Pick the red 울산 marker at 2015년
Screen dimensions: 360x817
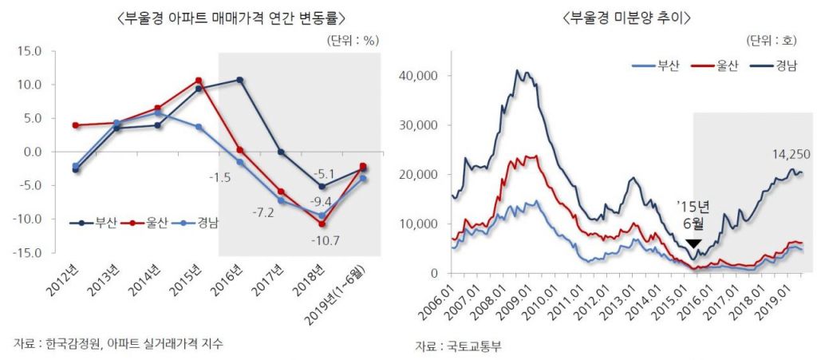[x=199, y=81]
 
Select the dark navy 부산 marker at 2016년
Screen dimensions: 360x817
[x=240, y=80]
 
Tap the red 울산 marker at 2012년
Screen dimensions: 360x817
[x=76, y=125]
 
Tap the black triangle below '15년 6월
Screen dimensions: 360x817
[x=694, y=243]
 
